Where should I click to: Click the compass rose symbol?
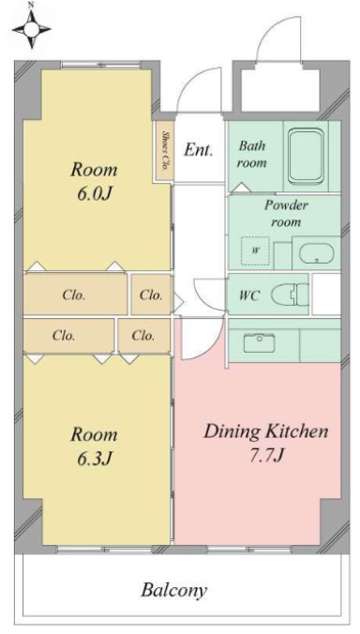[x=32, y=32]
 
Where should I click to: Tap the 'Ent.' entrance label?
[x=198, y=149]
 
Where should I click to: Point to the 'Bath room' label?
[x=252, y=154]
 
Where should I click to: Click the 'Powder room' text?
[x=286, y=213]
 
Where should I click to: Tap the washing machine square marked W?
[x=254, y=250]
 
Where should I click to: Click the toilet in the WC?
[x=287, y=295]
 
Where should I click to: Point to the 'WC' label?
[x=248, y=295]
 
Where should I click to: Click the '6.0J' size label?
[x=94, y=198]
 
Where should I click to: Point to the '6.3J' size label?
[x=94, y=460]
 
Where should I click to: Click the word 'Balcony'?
[x=173, y=591]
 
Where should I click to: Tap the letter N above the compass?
[x=31, y=6]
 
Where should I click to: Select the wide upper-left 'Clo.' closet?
[x=74, y=294]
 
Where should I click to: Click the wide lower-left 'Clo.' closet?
[x=66, y=334]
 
